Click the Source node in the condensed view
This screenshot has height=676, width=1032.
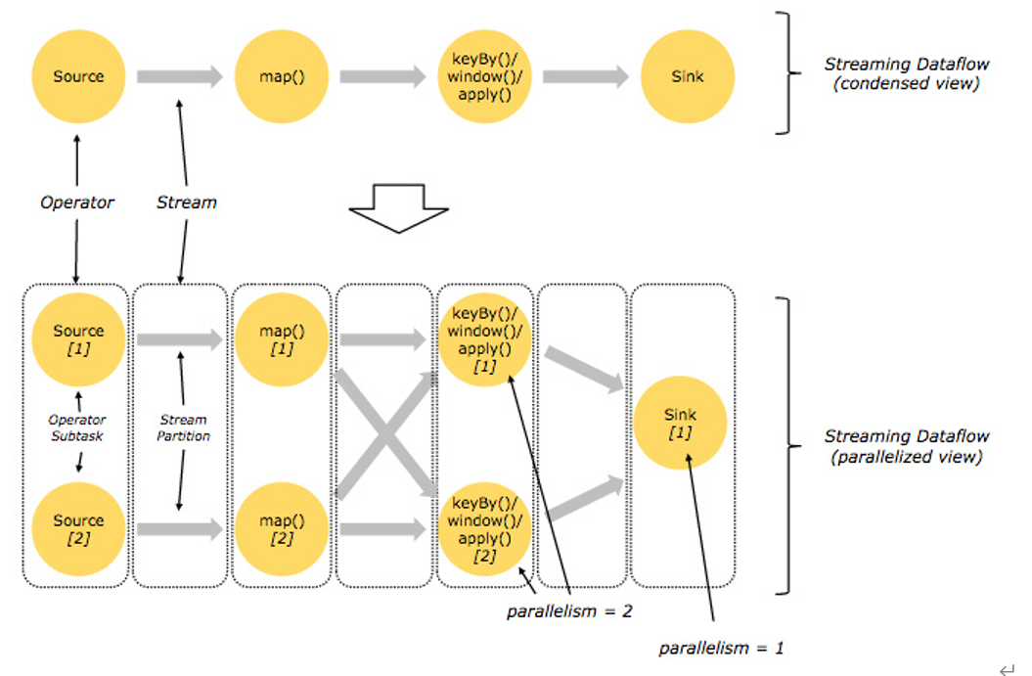(78, 76)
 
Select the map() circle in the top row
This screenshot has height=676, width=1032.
(282, 76)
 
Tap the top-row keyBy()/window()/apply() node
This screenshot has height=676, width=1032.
(484, 76)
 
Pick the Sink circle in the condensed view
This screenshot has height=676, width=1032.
(688, 76)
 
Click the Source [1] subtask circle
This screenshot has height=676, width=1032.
(78, 338)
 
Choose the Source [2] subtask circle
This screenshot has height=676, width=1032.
(78, 528)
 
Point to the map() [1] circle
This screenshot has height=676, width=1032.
(280, 338)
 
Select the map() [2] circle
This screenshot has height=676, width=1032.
(280, 528)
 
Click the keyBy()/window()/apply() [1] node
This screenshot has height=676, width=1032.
(484, 339)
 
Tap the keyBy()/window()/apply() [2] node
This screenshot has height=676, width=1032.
(484, 529)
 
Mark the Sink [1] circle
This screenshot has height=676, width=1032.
(680, 424)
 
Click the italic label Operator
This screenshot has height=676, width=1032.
(77, 203)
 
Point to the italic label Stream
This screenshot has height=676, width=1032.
(186, 203)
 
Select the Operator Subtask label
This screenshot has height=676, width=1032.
(77, 428)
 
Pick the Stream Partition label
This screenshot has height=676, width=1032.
(183, 428)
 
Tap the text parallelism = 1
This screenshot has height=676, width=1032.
(721, 648)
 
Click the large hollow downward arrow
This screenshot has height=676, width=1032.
(398, 207)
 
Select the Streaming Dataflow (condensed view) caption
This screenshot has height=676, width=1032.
(906, 73)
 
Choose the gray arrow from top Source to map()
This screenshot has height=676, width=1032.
(180, 76)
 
